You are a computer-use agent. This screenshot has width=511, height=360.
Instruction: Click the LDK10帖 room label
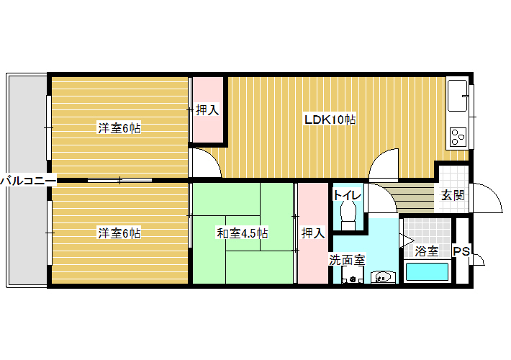tap(330, 120)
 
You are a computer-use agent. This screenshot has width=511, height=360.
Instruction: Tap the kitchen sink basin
tap(457, 96)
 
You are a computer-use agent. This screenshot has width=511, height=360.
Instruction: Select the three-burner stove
tap(458, 137)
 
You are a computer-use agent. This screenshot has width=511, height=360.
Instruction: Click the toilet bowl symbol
tap(348, 215)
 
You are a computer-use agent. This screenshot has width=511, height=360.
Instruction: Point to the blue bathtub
tap(427, 271)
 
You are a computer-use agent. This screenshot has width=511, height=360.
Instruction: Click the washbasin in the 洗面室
tap(384, 277)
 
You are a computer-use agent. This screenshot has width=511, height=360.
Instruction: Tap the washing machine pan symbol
tap(352, 275)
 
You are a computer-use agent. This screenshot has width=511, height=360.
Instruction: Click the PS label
tap(462, 251)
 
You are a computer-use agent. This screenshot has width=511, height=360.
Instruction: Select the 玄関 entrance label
tap(453, 196)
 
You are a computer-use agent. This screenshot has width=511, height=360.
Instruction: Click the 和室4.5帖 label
tap(242, 233)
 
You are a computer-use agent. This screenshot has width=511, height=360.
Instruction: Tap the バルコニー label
tap(28, 180)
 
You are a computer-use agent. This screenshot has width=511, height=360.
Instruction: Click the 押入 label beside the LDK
tap(207, 110)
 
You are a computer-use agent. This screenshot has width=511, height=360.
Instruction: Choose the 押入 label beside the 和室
tap(313, 233)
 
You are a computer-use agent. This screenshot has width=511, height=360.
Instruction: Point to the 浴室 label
tap(427, 251)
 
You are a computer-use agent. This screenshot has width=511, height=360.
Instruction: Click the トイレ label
tap(347, 195)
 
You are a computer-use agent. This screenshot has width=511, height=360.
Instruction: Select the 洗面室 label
tap(347, 260)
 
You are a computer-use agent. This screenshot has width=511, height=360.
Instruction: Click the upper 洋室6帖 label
tap(119, 128)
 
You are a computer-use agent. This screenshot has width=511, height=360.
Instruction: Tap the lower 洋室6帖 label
tap(119, 233)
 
